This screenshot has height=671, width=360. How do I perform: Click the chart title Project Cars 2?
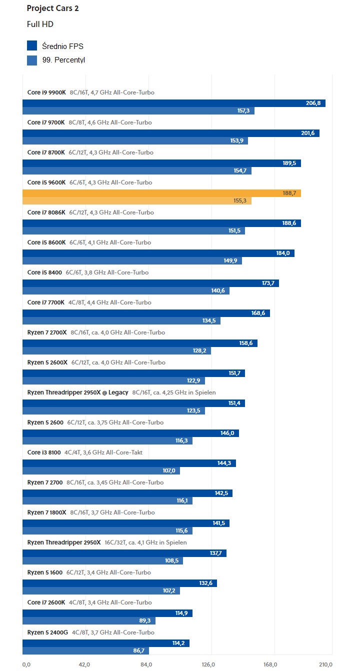coord(52,8)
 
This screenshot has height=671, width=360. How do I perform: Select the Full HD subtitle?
coord(40,24)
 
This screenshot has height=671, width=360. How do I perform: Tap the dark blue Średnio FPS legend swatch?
coord(32,46)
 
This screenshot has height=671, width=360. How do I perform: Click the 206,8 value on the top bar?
coord(313,103)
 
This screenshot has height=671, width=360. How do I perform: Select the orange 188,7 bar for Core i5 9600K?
coord(161,193)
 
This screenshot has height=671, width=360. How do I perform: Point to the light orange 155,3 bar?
coord(136,201)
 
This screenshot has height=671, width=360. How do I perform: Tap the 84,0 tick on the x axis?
coord(146,664)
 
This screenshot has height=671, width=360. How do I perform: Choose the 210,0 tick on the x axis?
coord(325,664)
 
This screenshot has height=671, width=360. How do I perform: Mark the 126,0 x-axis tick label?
coord(208,664)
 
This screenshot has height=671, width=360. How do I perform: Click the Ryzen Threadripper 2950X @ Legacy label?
coord(77,392)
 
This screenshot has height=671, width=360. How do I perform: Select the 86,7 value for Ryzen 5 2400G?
coord(141,651)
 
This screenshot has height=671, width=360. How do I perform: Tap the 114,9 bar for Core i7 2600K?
coord(107,613)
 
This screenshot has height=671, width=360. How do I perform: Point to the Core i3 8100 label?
coord(44,452)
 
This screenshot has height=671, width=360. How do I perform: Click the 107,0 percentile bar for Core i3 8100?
coord(101,471)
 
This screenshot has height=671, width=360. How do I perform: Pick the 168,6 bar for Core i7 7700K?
coord(146,313)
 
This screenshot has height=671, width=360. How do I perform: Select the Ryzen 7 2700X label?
coord(47,332)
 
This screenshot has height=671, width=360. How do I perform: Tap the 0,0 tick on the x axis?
coord(27,664)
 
